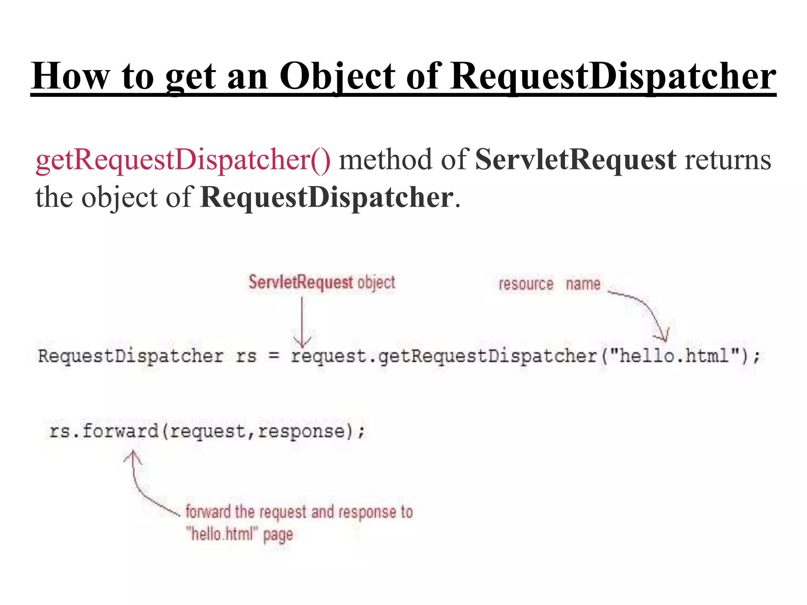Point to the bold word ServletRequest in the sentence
(x=576, y=160)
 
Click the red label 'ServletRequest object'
(x=322, y=282)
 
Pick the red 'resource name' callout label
(x=549, y=284)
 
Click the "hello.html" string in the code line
(x=674, y=356)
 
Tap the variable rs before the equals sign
(x=246, y=356)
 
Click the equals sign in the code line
(x=274, y=356)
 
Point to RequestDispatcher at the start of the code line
(x=130, y=356)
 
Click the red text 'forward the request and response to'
(x=299, y=512)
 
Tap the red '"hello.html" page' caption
(x=240, y=534)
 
